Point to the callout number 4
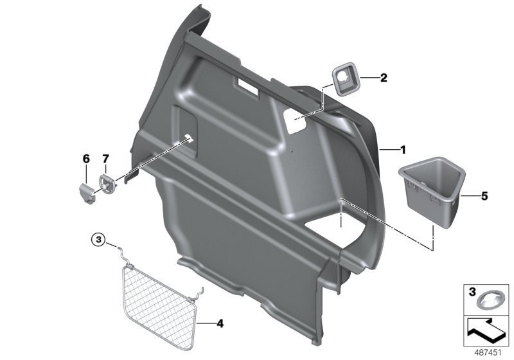click(220, 323)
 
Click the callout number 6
click(85, 157)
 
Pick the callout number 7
click(107, 157)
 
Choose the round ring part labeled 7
click(107, 182)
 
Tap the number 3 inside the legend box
click(472, 293)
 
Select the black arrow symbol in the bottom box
click(487, 328)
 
